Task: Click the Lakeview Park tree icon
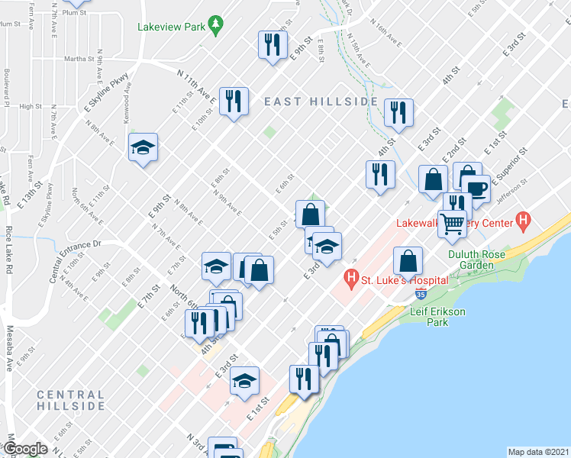pos(217,26)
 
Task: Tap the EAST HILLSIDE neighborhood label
pos(321,102)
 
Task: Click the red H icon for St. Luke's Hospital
pos(351,279)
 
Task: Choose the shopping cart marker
pos(453,224)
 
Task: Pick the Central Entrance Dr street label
pos(74,260)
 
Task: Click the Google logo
pos(24,449)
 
